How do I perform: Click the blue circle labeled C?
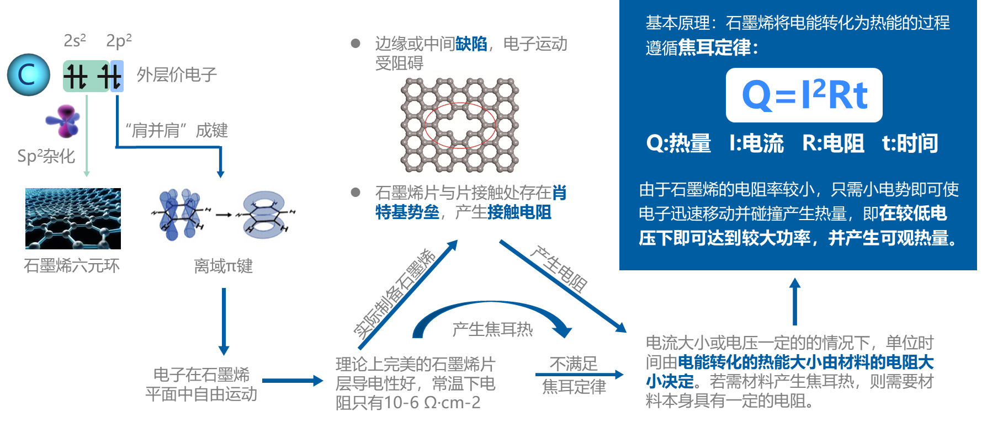(28, 75)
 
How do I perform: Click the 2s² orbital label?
(75, 40)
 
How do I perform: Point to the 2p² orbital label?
(119, 40)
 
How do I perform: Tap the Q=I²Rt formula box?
(804, 95)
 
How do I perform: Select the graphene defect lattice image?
(460, 125)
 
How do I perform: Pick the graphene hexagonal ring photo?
(73, 218)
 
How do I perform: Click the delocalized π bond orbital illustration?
(223, 216)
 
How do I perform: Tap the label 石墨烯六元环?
(72, 266)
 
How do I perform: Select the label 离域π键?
(223, 266)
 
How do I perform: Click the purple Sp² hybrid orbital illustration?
(63, 121)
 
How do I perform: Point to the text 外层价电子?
(177, 74)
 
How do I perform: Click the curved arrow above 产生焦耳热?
(491, 311)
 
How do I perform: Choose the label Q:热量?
(678, 143)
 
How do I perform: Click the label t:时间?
(910, 143)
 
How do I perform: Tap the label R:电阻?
(833, 143)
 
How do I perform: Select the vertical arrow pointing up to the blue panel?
(795, 301)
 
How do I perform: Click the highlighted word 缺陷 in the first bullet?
(471, 44)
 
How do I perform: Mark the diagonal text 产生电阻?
(559, 269)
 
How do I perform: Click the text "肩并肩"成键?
(177, 130)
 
